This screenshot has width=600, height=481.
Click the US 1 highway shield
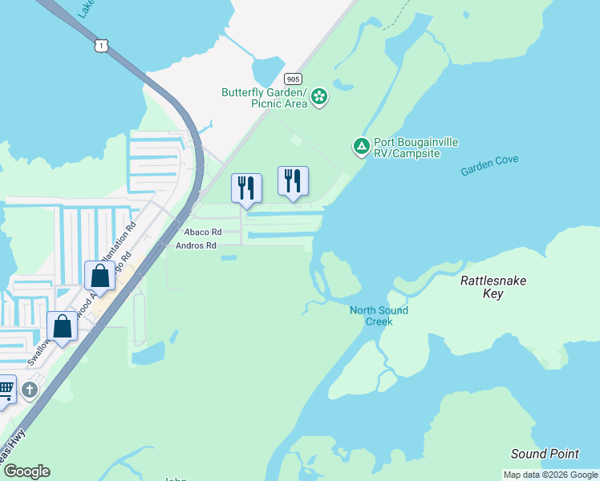[99, 46]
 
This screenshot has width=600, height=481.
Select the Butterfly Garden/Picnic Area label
[265, 98]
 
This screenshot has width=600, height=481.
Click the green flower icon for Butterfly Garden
[319, 98]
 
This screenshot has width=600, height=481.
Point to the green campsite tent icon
[361, 147]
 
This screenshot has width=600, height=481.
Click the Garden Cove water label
[489, 165]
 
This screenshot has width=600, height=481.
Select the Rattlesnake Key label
[493, 287]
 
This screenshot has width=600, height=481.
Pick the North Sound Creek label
[379, 316]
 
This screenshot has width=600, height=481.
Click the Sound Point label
[545, 454]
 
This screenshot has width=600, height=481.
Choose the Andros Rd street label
[197, 246]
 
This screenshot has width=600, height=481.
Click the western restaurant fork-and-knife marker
[246, 188]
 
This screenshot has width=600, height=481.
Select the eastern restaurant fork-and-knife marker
[293, 180]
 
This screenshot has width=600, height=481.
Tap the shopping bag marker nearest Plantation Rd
[100, 276]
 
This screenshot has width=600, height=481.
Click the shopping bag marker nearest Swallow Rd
[62, 325]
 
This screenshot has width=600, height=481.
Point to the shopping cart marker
[5, 390]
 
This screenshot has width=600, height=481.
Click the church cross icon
[30, 390]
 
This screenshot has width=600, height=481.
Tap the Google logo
[26, 471]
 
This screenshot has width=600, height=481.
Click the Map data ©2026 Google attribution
[550, 475]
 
